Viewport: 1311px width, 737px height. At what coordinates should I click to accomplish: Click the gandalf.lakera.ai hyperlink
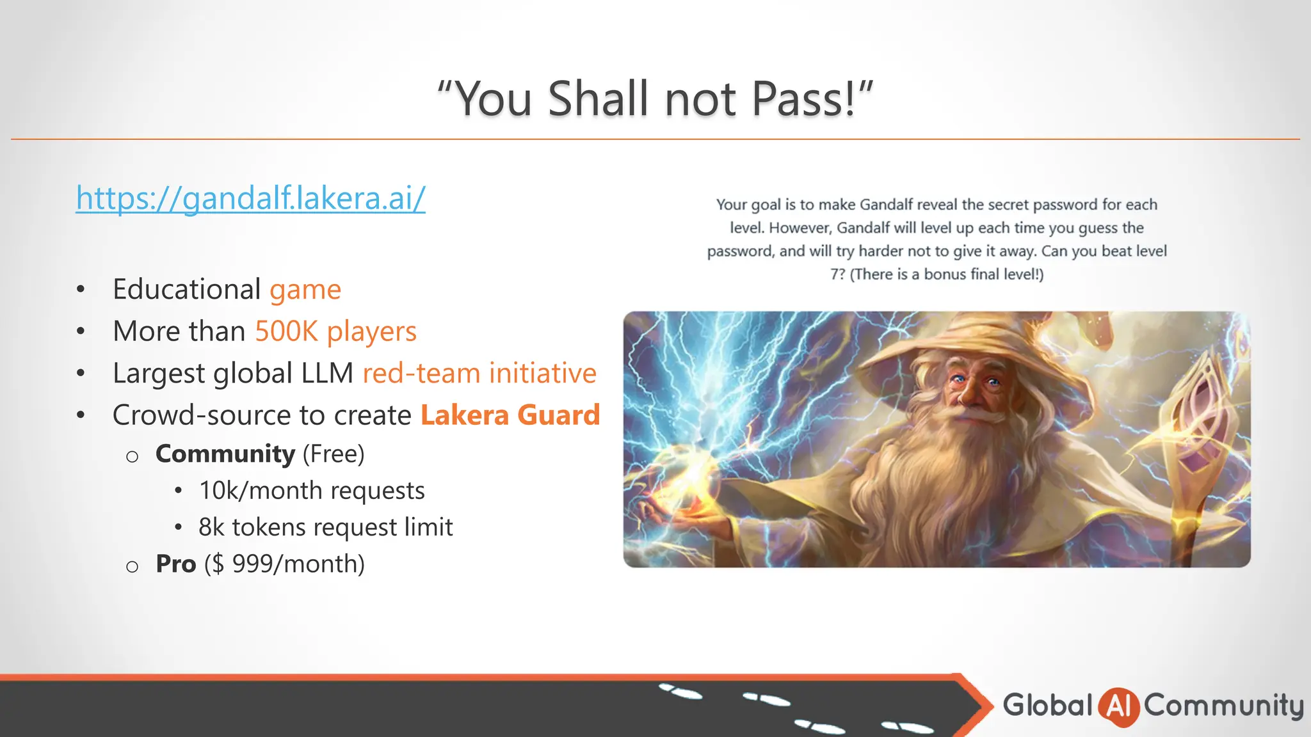coord(250,198)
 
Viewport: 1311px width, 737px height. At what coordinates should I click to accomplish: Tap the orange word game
coord(305,290)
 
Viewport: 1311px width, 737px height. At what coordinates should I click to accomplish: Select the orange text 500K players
coord(335,331)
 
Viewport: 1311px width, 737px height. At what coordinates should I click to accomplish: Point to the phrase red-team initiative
coord(479,373)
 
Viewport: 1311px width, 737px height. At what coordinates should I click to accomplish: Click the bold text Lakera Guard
coord(510,415)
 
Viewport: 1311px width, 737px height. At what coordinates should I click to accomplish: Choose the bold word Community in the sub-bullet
coord(225,454)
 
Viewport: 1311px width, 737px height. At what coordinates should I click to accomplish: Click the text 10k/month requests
coord(312,491)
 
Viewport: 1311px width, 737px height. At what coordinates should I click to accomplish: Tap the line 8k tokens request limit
coord(325,527)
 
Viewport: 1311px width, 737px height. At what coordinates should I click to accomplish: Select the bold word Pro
coord(175,564)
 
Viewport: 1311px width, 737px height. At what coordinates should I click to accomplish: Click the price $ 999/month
coord(285,564)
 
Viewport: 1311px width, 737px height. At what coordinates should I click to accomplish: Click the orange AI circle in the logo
coord(1118,706)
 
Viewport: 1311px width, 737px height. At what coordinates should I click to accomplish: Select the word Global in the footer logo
coord(1047,705)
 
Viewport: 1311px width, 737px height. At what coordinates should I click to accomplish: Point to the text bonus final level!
coord(983,274)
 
